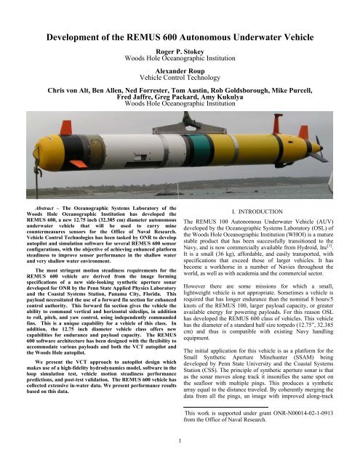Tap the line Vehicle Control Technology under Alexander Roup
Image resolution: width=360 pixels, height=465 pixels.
click(x=179, y=61)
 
